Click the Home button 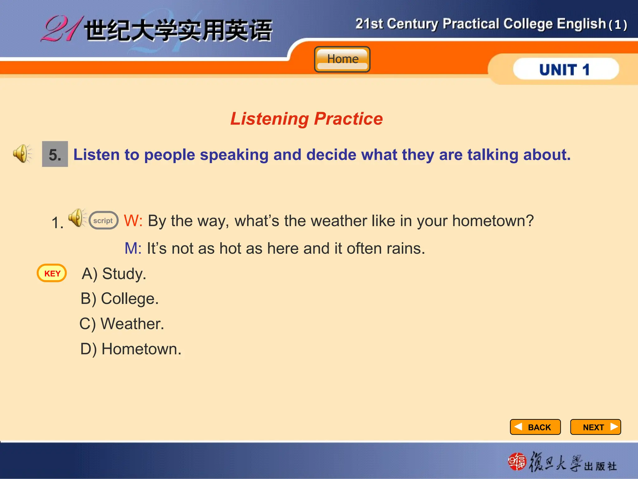pyautogui.click(x=342, y=59)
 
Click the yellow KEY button pyautogui.click(x=52, y=273)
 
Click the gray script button pyautogui.click(x=103, y=220)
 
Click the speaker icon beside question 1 pyautogui.click(x=76, y=218)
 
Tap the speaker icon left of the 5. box pyautogui.click(x=22, y=153)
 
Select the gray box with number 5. pyautogui.click(x=55, y=154)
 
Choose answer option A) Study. pyautogui.click(x=114, y=274)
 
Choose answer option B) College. pyautogui.click(x=120, y=299)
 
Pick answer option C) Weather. pyautogui.click(x=122, y=324)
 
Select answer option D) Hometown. pyautogui.click(x=131, y=349)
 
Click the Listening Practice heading pyautogui.click(x=307, y=119)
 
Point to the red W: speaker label pyautogui.click(x=133, y=220)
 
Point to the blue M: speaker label pyautogui.click(x=133, y=249)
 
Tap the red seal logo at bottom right pyautogui.click(x=517, y=462)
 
